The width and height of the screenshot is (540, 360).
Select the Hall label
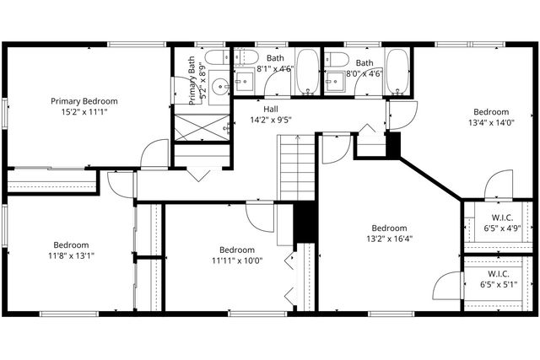pyautogui.click(x=270, y=109)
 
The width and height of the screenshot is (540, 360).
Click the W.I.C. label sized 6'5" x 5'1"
pyautogui.click(x=498, y=274)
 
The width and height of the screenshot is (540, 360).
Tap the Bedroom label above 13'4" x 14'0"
pyautogui.click(x=490, y=111)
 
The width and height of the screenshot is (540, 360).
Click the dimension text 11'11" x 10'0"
pyautogui.click(x=237, y=261)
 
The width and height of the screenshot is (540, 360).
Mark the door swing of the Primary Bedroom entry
pyautogui.click(x=156, y=153)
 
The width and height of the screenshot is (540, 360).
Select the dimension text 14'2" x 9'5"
pyautogui.click(x=270, y=120)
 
